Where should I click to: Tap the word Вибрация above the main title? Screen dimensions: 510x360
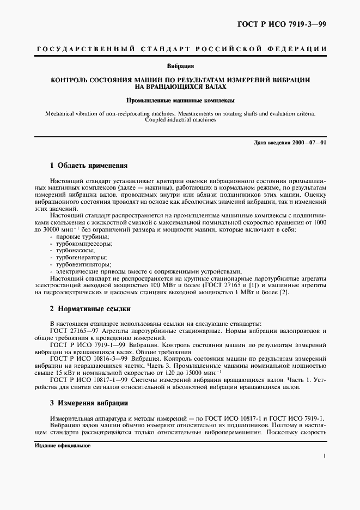click(x=180, y=66)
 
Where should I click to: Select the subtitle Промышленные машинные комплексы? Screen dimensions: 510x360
click(x=180, y=101)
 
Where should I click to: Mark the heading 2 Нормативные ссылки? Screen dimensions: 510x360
click(x=90, y=308)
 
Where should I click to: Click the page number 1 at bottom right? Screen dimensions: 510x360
click(x=325, y=458)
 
